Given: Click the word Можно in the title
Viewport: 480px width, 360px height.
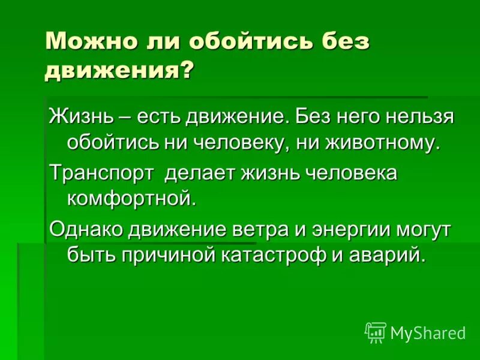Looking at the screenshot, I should pyautogui.click(x=83, y=43).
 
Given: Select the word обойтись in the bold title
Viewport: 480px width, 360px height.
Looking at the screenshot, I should pyautogui.click(x=247, y=43).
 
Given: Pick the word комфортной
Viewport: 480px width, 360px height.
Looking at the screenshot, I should pyautogui.click(x=131, y=199).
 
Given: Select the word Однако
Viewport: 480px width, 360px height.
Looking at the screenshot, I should pyautogui.click(x=85, y=229).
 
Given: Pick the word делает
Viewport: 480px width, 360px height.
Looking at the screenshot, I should pyautogui.click(x=199, y=173).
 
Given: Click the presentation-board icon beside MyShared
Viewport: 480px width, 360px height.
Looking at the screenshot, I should pyautogui.click(x=376, y=332).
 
